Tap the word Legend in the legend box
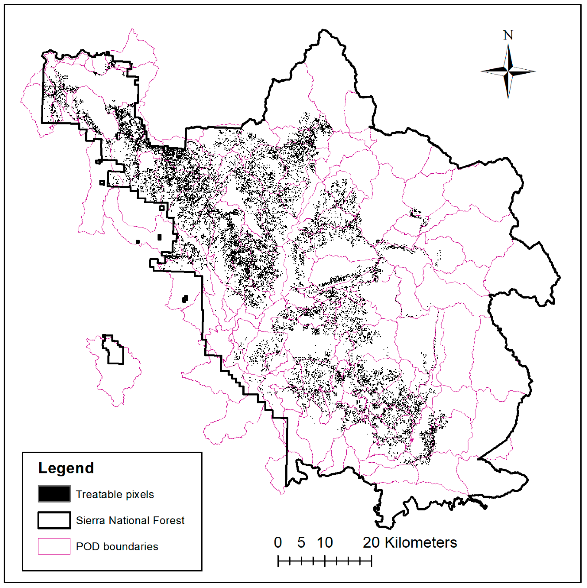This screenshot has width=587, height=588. pyautogui.click(x=66, y=468)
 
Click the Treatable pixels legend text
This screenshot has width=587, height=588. pyautogui.click(x=115, y=494)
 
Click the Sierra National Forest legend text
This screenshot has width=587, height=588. pyautogui.click(x=130, y=520)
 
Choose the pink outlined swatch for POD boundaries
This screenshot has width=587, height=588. pyautogui.click(x=54, y=546)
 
